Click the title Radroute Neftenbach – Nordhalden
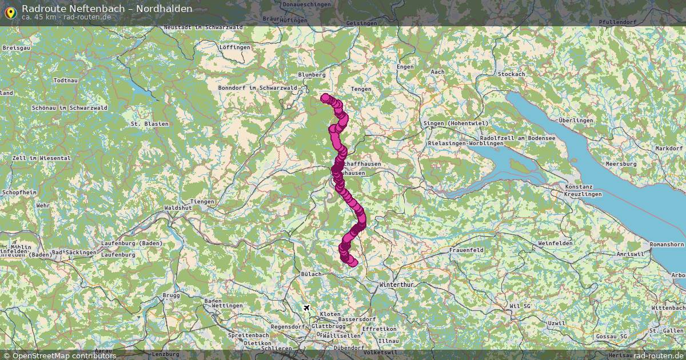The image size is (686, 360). click(x=107, y=9)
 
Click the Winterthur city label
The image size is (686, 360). click(x=396, y=284)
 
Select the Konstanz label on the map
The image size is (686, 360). click(x=579, y=187)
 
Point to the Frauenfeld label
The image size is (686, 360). click(x=466, y=250)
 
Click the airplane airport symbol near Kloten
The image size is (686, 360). click(x=307, y=308)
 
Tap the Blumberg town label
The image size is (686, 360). click(x=312, y=75)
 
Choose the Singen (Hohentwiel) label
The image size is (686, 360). click(x=455, y=123)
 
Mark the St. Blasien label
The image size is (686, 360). click(x=149, y=123)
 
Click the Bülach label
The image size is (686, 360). click(x=311, y=274)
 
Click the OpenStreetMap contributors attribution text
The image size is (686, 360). click(x=64, y=355)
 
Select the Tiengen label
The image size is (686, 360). click(x=202, y=201)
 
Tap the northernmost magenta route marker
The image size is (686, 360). click(x=325, y=98)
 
